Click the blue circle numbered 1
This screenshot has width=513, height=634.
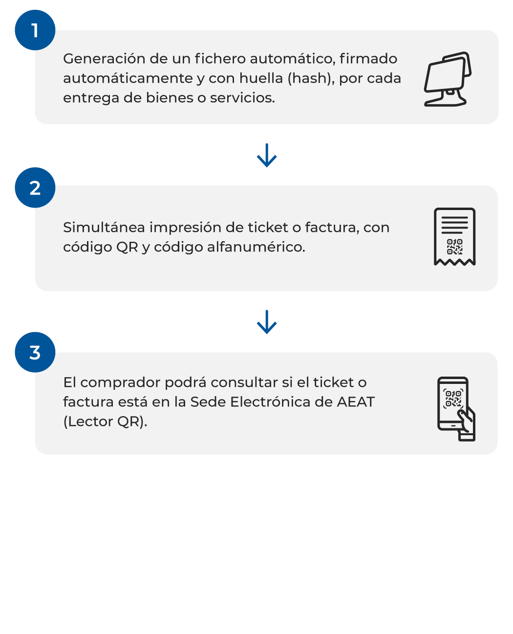35,30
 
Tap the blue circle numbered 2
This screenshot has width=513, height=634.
35,188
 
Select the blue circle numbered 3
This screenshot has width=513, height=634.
35,352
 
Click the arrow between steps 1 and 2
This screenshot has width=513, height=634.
267,155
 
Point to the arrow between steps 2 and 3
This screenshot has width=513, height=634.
267,322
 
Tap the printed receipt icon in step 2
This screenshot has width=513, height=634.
454,237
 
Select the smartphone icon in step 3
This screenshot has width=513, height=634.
454,408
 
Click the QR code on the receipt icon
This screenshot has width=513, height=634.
454,247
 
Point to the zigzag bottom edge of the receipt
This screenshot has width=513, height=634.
454,262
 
